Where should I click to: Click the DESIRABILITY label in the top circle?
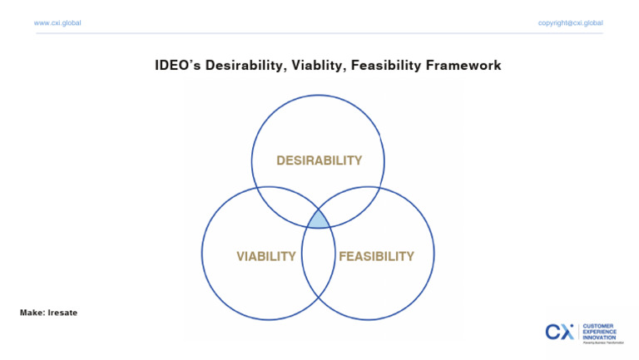[319, 160]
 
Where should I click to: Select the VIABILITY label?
[266, 256]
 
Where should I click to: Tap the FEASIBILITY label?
[376, 256]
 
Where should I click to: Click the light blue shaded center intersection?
[319, 220]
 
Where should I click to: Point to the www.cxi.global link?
[57, 22]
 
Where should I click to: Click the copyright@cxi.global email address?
[570, 22]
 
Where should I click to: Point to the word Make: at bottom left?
[32, 313]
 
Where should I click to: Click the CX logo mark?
[559, 332]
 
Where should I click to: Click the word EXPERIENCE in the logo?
[601, 331]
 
